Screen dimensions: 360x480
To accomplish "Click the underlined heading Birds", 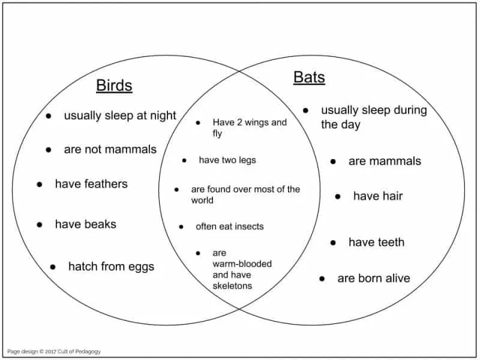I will point(114,85).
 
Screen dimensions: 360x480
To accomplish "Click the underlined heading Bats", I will point(309,77).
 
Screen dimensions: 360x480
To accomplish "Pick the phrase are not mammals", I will point(110,149).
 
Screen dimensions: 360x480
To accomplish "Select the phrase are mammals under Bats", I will point(385,161).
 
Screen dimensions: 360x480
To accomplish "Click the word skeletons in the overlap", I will point(232,286).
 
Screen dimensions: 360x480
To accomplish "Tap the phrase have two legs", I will point(227,160).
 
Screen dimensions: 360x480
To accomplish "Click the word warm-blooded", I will point(242,264).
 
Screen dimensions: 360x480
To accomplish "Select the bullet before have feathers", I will point(40,184).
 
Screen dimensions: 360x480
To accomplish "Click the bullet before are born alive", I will point(322,278).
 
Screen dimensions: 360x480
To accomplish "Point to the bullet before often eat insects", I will point(181,227).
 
